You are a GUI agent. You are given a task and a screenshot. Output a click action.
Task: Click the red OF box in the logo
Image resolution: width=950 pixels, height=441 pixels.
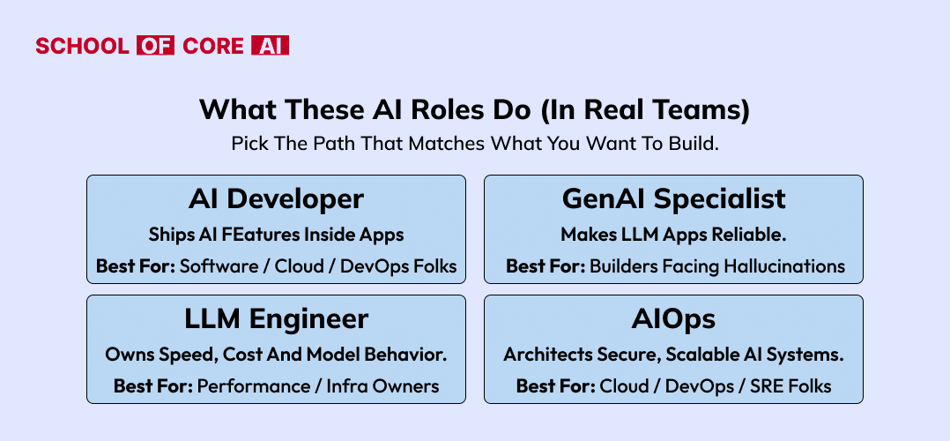[156, 46]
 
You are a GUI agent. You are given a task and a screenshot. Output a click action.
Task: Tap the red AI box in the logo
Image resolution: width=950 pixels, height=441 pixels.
[271, 46]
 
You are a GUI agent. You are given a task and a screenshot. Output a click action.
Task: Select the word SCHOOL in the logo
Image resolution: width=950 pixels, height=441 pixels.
[83, 46]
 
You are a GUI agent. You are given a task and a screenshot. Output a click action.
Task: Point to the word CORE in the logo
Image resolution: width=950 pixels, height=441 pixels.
[213, 46]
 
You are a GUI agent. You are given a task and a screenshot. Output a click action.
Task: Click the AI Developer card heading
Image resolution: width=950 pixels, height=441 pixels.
[277, 199]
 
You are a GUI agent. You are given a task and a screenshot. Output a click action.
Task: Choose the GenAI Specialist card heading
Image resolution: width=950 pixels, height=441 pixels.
[673, 199]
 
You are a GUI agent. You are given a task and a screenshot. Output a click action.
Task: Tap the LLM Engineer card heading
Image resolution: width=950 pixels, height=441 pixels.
[277, 319]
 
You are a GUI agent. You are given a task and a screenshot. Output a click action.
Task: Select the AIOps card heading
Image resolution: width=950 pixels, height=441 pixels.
[673, 319]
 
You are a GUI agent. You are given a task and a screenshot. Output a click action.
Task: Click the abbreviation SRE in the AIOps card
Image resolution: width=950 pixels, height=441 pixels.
[769, 385]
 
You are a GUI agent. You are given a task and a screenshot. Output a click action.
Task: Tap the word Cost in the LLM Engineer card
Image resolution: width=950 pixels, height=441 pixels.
[241, 355]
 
